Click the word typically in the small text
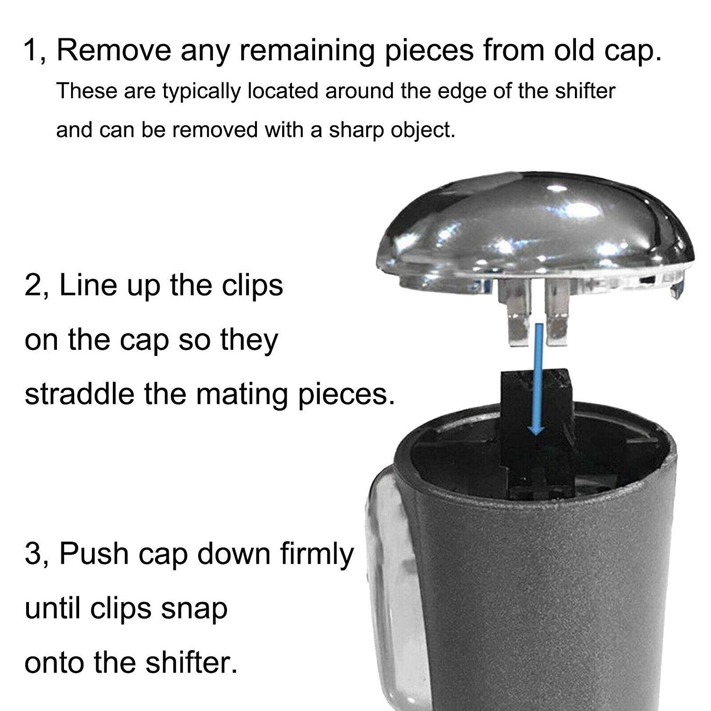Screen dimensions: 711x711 pos(201,91)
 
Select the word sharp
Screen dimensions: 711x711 pos(356,129)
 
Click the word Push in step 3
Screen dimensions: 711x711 pos(93,553)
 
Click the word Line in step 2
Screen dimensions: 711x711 pos(87,285)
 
